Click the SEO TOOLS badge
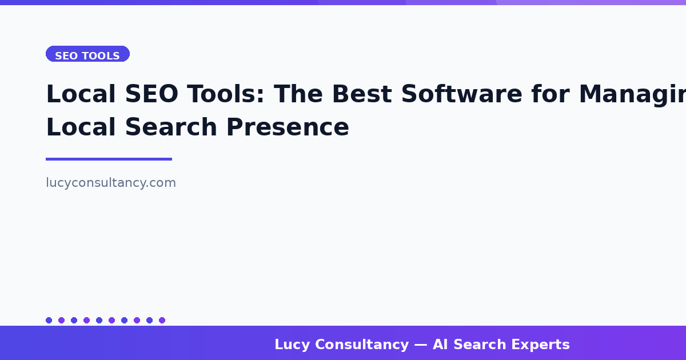coord(87,55)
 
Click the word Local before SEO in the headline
coord(73,94)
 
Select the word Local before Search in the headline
coord(73,127)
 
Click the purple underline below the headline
coord(109,159)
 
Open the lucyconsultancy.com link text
coord(111,183)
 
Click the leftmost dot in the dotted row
coord(49,320)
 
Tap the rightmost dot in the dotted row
coord(162,320)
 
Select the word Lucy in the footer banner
coord(292,345)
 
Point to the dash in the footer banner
coord(421,345)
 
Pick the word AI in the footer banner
coord(440,345)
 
